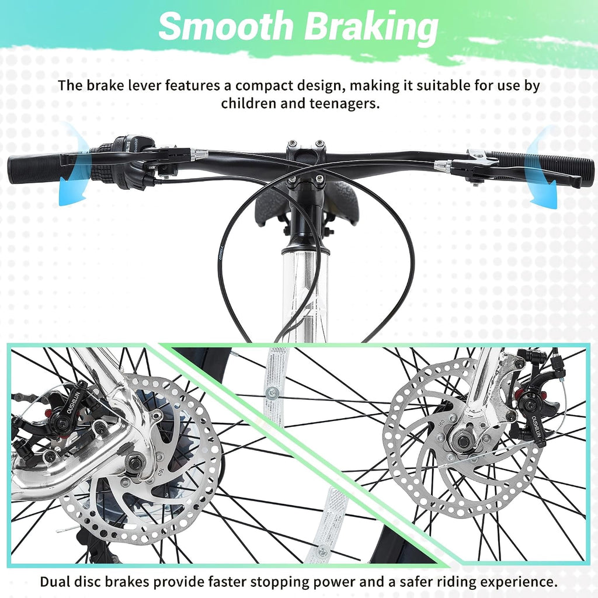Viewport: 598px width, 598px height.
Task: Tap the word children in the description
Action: point(248,103)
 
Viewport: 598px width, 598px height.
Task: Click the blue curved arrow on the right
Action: point(541,168)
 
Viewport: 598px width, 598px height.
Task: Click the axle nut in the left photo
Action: point(136,463)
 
